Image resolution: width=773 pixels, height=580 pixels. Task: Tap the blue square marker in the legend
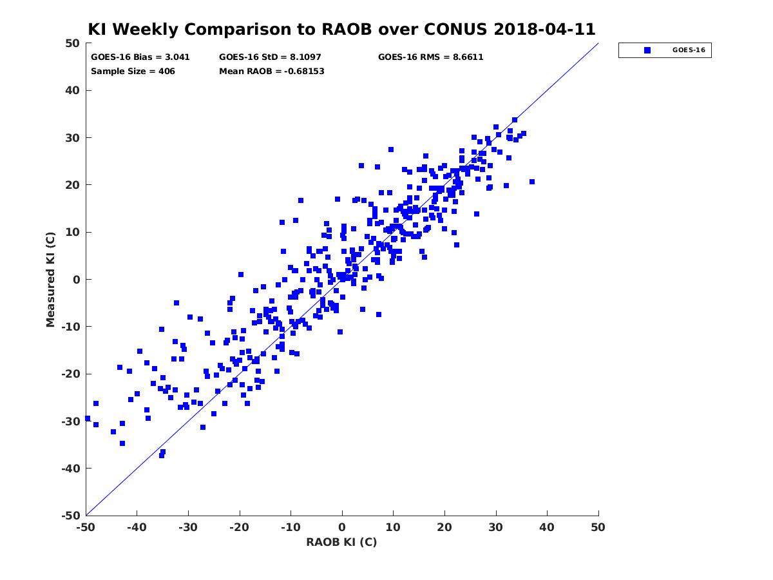[647, 50]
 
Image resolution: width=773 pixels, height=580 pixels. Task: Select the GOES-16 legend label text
[689, 50]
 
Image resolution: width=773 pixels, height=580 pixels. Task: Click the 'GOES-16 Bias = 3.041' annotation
[140, 57]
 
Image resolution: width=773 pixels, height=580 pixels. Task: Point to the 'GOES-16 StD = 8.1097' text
[270, 57]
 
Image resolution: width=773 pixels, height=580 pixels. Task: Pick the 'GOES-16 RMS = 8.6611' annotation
[430, 57]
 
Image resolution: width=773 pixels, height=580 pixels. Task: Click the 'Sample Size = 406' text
[133, 72]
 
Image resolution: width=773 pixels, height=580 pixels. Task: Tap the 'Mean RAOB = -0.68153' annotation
[272, 72]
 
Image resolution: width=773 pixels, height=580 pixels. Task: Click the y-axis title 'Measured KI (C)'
[50, 279]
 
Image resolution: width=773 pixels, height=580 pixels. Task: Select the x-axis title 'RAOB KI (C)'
[341, 542]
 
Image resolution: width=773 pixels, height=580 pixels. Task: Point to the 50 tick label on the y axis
[73, 43]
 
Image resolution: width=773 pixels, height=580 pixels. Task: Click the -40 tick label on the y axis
[71, 469]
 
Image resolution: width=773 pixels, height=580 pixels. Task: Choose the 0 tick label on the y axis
[77, 280]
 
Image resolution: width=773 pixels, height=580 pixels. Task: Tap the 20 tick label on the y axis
[73, 185]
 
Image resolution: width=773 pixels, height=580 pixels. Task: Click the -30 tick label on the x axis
[187, 527]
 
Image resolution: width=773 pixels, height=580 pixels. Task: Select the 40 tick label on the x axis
[547, 527]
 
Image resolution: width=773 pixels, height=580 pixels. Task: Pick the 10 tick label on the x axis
[393, 527]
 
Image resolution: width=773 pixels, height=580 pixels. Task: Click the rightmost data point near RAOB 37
[532, 182]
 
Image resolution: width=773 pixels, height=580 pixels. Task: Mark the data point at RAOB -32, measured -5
[177, 303]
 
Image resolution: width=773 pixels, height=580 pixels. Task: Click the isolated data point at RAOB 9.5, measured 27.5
[390, 150]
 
